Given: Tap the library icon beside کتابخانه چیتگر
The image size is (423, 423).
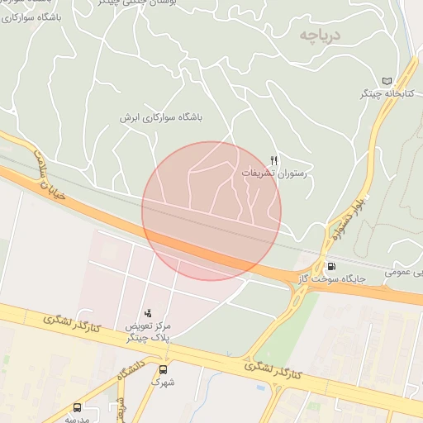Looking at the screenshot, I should [387, 80].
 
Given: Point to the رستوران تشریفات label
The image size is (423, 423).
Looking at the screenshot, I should [274, 174].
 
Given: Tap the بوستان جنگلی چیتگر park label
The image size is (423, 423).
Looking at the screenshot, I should [124, 2].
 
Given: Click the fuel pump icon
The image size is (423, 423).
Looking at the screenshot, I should [331, 266].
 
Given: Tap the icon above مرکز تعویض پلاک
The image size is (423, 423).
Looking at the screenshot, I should [148, 312].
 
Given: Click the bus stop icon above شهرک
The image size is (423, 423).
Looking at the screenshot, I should [163, 369].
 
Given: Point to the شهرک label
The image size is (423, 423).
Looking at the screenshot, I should [163, 383].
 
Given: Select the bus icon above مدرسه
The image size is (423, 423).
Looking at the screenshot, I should [77, 407].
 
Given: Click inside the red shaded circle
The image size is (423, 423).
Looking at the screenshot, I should [211, 211].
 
